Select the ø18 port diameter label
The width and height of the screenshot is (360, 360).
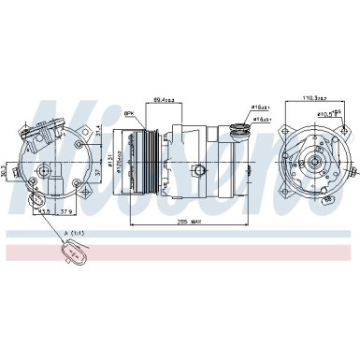click(x=259, y=108)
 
